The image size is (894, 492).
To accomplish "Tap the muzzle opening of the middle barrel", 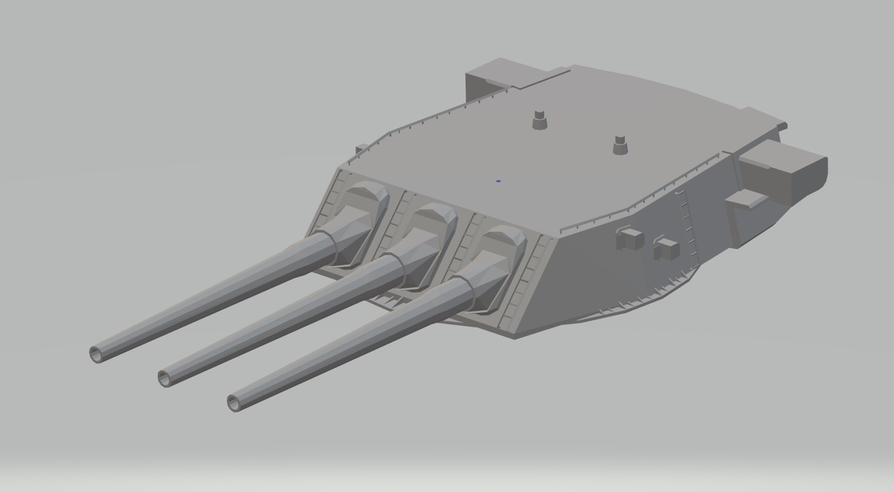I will pyautogui.click(x=165, y=377).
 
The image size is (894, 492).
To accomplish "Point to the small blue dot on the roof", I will pyautogui.click(x=498, y=181).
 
